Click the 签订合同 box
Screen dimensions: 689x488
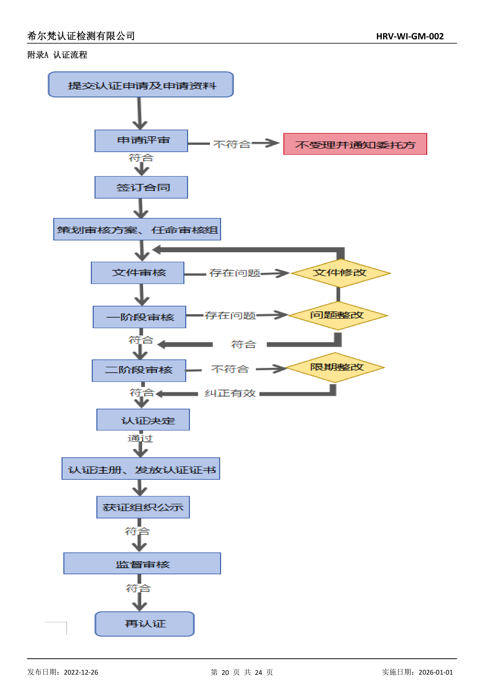141,187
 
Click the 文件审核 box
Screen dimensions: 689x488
138,273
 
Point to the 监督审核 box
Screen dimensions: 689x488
142,564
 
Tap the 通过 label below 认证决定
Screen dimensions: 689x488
140,439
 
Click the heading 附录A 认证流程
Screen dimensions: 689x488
57,55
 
